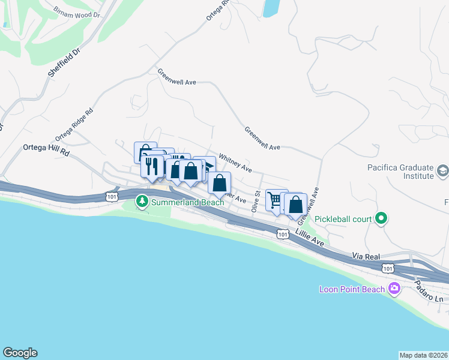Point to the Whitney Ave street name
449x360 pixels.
[x=235, y=163]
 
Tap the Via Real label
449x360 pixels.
[x=366, y=256]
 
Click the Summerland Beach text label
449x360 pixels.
[x=187, y=202]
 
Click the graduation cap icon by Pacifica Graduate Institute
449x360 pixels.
[x=442, y=172]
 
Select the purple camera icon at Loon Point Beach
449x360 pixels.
[x=394, y=289]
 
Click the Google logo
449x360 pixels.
[x=20, y=353]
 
